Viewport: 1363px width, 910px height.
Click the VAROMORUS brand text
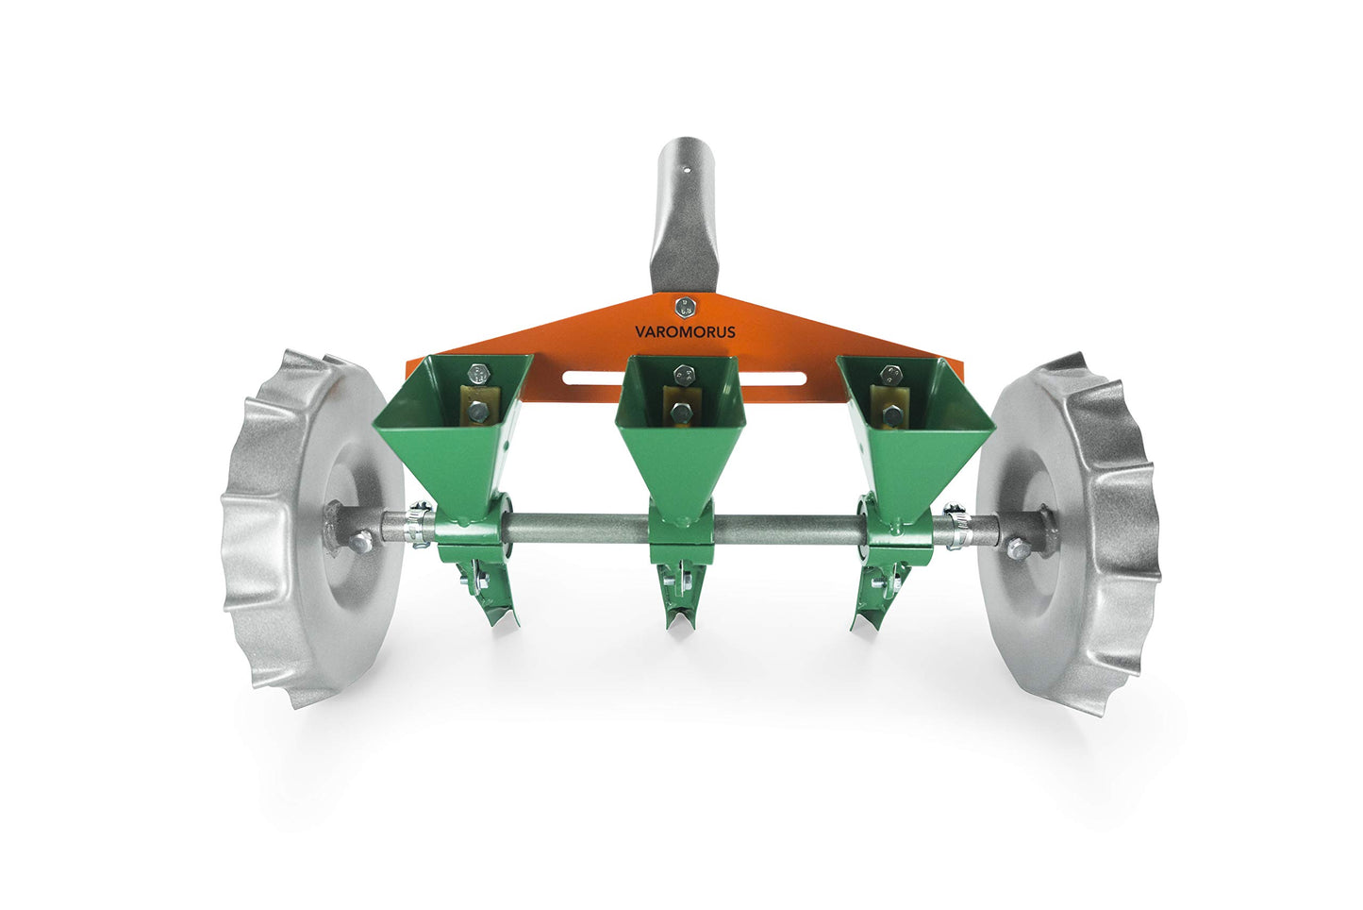coord(685,332)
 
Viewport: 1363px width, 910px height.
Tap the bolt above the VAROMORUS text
coord(685,306)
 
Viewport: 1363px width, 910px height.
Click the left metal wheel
coord(310,528)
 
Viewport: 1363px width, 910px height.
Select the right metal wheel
coord(1066,532)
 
